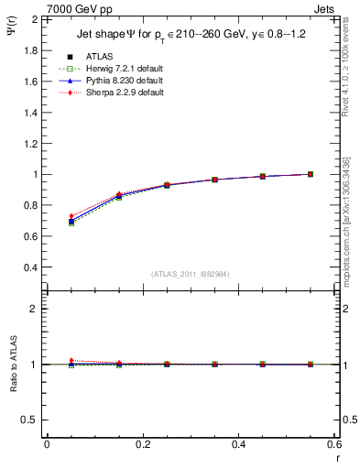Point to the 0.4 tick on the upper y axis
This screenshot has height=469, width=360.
[30, 267]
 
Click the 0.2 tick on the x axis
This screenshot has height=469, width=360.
[142, 444]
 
